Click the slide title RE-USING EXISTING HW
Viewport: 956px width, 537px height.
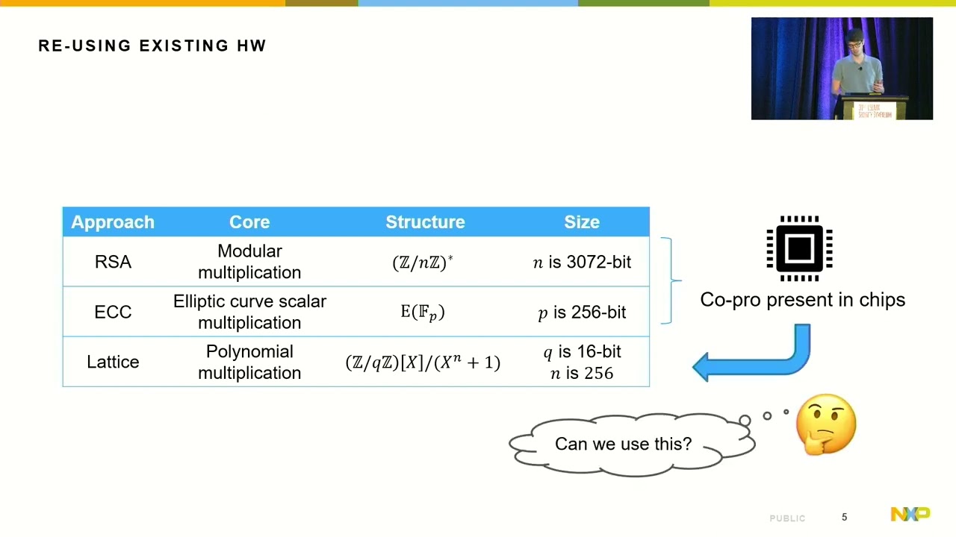(152, 45)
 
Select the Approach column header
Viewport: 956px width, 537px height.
(113, 222)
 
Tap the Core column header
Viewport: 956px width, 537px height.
(249, 222)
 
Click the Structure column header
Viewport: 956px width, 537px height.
(425, 222)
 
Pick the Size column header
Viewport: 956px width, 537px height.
(582, 222)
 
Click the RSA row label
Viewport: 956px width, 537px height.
(113, 262)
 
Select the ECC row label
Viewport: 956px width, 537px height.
(113, 312)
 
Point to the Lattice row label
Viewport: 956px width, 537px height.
(113, 362)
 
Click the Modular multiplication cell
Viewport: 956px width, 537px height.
(249, 262)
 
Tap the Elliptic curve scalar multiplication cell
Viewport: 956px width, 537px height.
(249, 312)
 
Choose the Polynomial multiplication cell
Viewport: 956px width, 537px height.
(249, 362)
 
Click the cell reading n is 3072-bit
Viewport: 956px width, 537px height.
(582, 262)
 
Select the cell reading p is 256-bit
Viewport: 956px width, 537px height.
(582, 312)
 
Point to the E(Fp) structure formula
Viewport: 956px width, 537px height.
(423, 312)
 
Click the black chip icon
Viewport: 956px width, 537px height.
(799, 248)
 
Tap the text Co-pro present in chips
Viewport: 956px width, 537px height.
(802, 300)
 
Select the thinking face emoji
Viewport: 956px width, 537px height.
(826, 424)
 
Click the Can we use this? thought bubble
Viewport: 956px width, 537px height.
(624, 444)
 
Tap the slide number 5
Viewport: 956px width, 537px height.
(845, 517)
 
